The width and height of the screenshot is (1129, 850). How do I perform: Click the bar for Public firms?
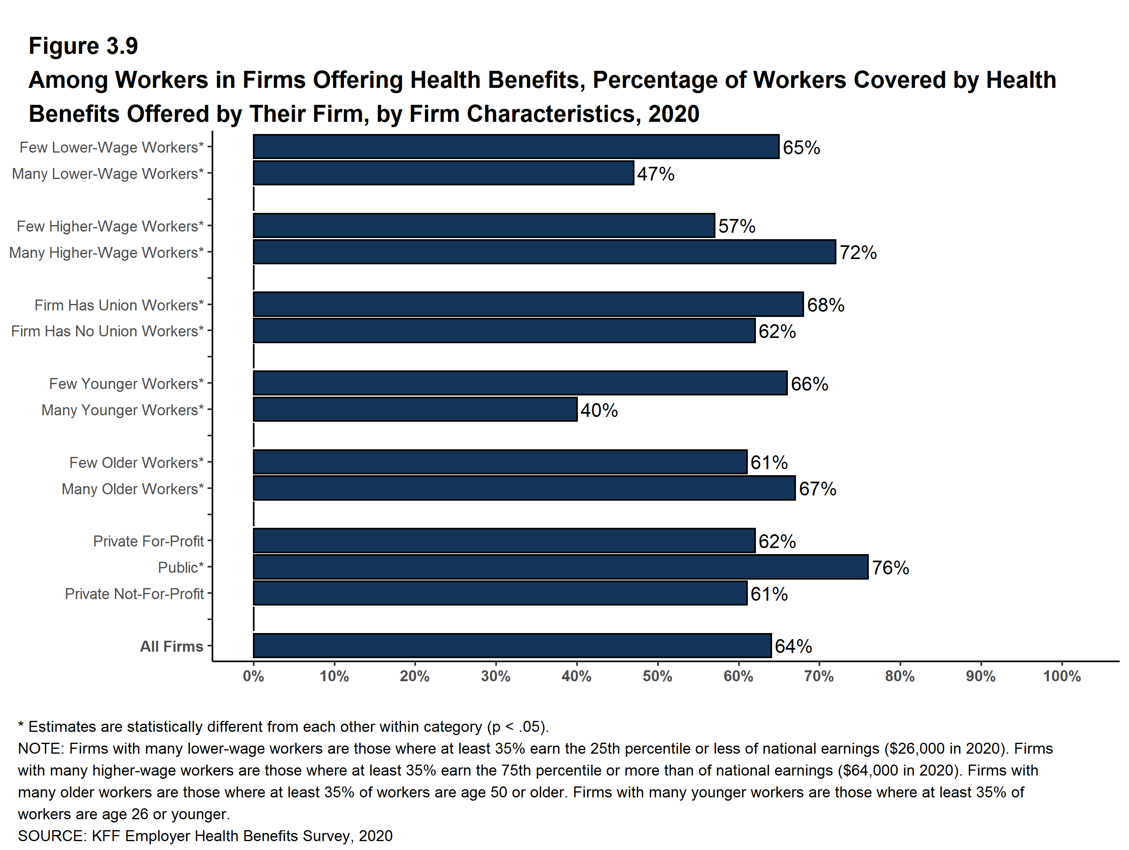560,567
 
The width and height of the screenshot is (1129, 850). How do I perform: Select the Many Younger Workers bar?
415,410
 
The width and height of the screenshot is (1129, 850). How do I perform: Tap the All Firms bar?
512,646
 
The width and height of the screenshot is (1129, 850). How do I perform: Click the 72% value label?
858,253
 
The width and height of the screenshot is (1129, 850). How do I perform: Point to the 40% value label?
599,410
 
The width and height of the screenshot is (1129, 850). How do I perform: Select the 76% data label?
890,568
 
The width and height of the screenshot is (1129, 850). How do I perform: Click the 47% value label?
656,174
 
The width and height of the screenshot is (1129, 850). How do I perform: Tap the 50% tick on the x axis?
658,676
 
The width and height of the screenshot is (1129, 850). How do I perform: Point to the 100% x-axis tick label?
1062,676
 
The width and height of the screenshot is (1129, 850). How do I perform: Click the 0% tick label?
253,676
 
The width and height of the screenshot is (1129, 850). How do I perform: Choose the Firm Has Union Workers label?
119,305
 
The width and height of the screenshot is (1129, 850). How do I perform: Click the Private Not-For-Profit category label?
134,594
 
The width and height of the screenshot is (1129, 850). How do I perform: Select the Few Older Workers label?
136,463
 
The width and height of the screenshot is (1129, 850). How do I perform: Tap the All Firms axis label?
172,646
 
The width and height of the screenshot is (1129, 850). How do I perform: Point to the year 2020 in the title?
674,114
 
